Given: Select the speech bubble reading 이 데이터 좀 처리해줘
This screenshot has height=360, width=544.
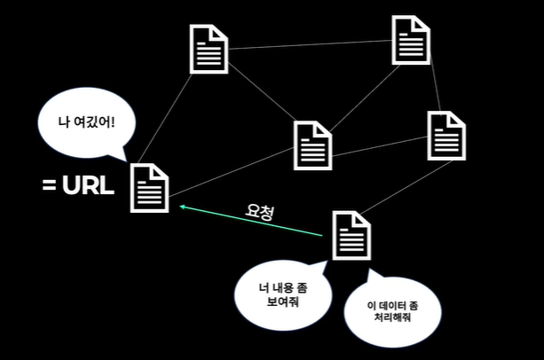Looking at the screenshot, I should pos(391,312).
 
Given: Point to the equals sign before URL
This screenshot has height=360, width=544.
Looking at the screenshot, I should pos(50,186).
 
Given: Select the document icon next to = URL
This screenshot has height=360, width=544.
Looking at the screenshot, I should pos(149,187).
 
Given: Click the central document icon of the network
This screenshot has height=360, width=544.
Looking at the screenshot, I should pos(312,144).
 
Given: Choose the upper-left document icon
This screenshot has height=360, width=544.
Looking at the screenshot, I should pos(209,48).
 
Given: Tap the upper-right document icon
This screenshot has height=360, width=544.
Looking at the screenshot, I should pos(411,40).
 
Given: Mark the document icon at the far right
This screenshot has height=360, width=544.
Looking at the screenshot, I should pos(445,135).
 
